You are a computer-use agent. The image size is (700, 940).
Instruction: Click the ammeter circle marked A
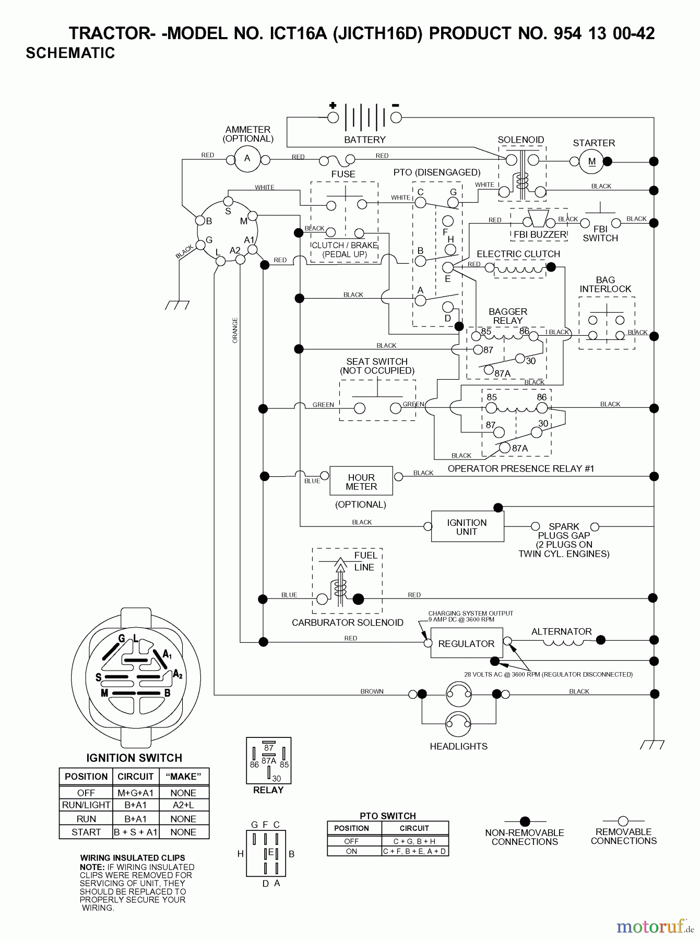pyautogui.click(x=247, y=159)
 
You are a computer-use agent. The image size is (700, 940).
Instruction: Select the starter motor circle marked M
pyautogui.click(x=591, y=162)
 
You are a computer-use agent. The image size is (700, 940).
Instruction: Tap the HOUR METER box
pyautogui.click(x=361, y=481)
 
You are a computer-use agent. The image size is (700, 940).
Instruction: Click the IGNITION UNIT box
pyautogui.click(x=467, y=527)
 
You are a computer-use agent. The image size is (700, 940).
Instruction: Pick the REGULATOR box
pyautogui.click(x=466, y=643)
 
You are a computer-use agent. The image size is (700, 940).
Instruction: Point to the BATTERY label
pyautogui.click(x=364, y=140)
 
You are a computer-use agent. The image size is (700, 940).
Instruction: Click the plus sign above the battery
pyautogui.click(x=333, y=105)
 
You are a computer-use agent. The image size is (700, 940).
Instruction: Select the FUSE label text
pyautogui.click(x=343, y=174)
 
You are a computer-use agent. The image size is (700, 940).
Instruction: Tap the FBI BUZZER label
pyautogui.click(x=540, y=234)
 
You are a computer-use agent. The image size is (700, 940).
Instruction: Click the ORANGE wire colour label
pyautogui.click(x=235, y=330)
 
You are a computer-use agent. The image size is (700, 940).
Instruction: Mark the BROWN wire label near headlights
pyautogui.click(x=372, y=691)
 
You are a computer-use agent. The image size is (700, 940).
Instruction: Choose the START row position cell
pyautogui.click(x=86, y=832)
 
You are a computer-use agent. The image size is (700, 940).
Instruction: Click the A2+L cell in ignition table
pyautogui.click(x=183, y=805)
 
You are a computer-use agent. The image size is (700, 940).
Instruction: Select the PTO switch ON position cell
pyautogui.click(x=351, y=851)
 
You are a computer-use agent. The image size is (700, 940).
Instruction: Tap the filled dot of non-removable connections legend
pyautogui.click(x=525, y=821)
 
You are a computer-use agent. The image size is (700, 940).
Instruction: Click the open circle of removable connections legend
pyautogui.click(x=623, y=821)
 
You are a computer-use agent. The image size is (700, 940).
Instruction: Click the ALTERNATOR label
pyautogui.click(x=561, y=631)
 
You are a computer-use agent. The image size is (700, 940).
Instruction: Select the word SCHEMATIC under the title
pyautogui.click(x=70, y=53)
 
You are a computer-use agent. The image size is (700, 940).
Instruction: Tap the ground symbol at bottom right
pyautogui.click(x=652, y=744)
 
